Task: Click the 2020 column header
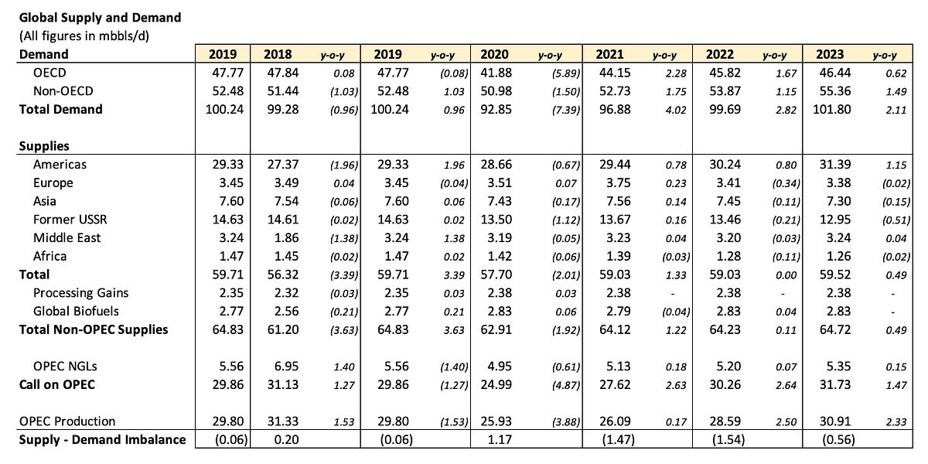(494, 54)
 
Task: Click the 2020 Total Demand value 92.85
(494, 109)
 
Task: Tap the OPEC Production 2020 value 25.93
(494, 421)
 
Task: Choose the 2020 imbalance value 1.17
(494, 440)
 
